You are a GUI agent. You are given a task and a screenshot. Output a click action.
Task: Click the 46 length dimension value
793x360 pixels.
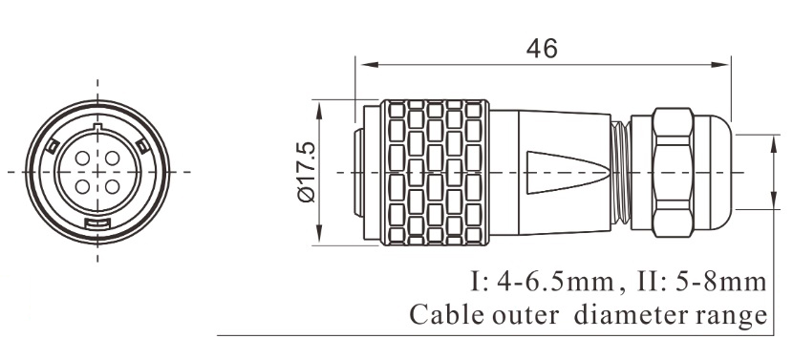541,48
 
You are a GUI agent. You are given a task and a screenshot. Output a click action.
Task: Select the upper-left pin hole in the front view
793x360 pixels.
82,157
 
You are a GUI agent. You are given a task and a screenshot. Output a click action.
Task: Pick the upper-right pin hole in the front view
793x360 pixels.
107,157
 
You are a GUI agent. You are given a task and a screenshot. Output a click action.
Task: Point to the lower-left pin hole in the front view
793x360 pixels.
82,185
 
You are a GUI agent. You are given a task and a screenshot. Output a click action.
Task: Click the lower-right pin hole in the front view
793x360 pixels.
107,185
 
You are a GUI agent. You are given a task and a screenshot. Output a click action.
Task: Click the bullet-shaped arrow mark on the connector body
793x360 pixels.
564,171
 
